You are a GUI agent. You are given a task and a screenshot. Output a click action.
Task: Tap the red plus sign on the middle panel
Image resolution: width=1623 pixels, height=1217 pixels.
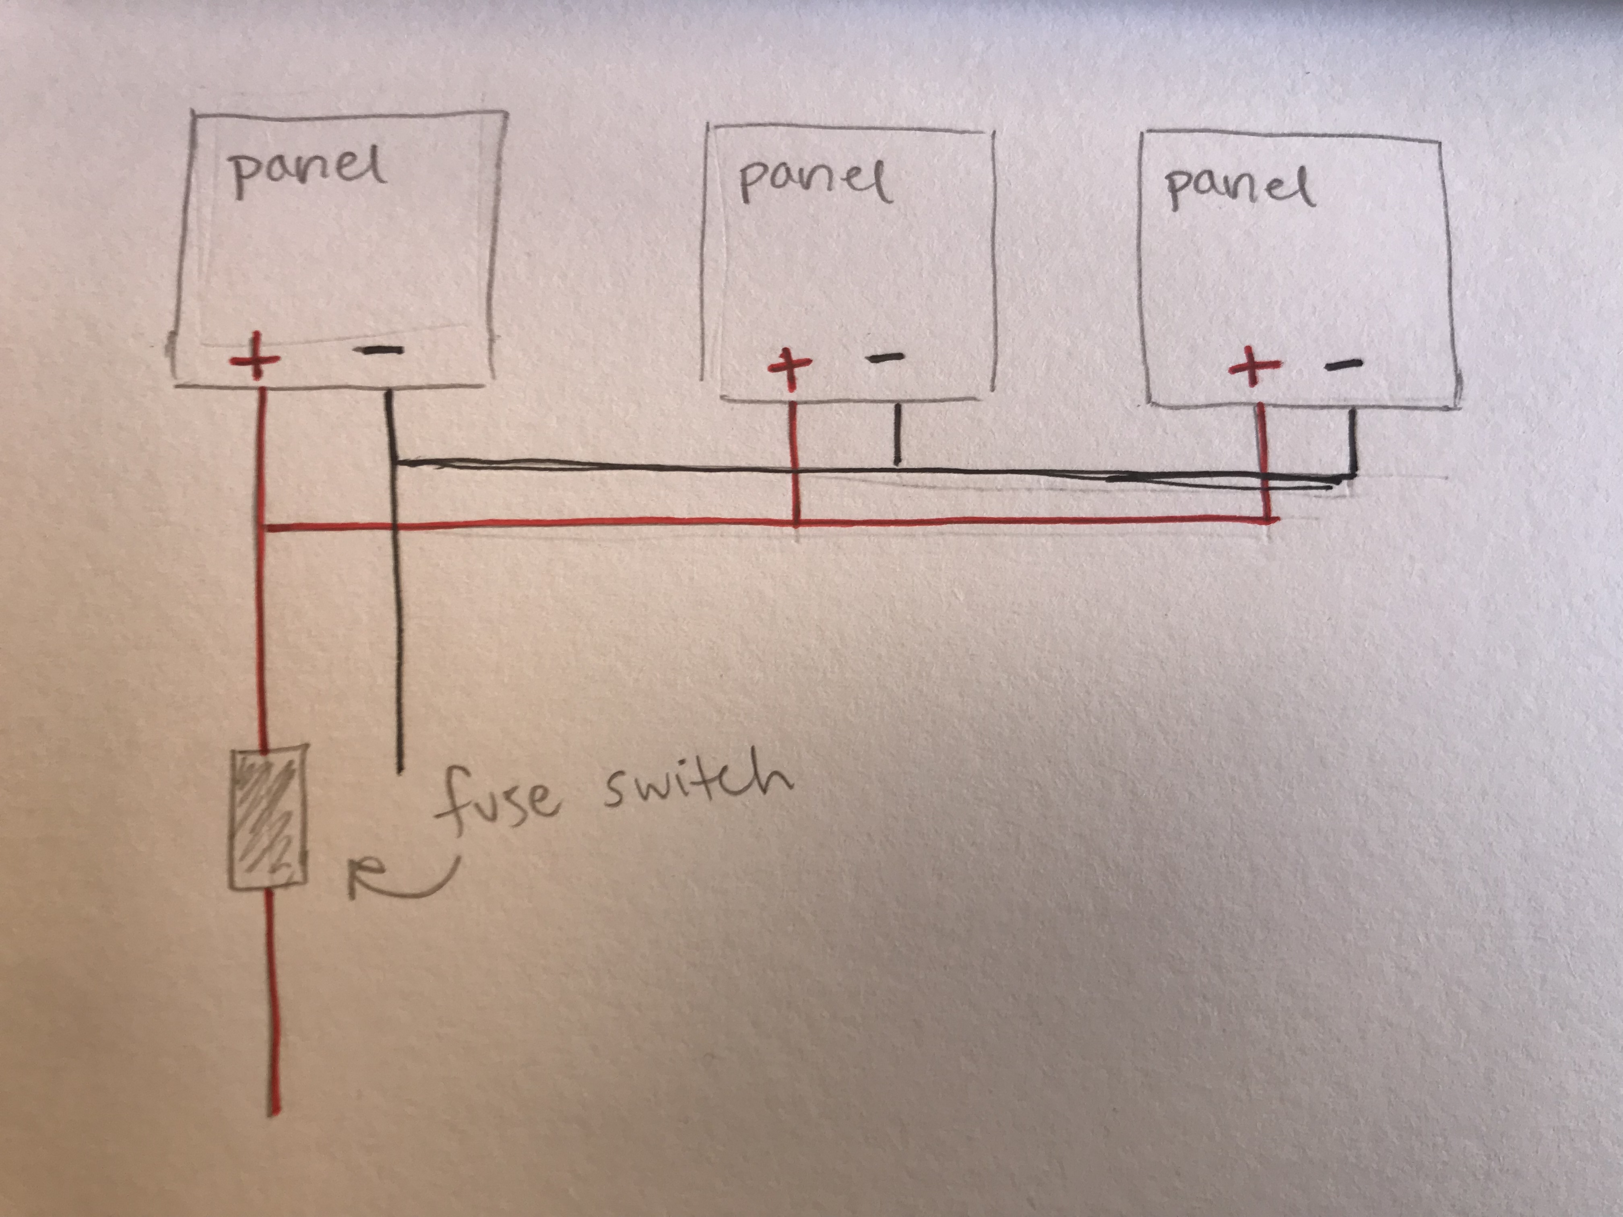coord(789,367)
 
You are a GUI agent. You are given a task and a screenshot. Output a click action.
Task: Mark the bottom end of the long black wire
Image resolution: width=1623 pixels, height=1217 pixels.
coord(399,770)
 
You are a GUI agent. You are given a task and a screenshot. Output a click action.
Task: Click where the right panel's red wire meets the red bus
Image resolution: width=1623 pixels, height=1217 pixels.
coord(1267,520)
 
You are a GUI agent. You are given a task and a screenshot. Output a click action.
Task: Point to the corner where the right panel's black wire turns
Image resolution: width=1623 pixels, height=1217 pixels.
coord(1352,477)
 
